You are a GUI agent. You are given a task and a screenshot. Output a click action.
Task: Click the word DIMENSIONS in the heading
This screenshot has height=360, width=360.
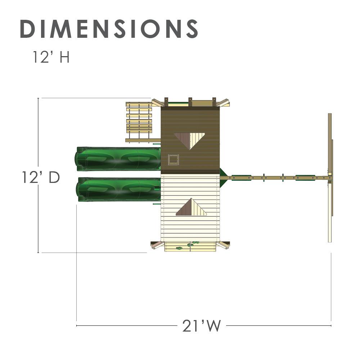tap(109, 29)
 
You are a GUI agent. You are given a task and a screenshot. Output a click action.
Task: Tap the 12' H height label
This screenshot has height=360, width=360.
tap(51, 57)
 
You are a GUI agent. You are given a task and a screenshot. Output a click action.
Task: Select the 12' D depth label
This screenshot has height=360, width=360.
tap(41, 177)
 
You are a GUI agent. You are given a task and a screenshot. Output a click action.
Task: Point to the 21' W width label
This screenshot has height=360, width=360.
tap(201, 325)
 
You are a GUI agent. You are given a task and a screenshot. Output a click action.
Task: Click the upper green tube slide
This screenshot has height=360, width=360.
tap(118, 159)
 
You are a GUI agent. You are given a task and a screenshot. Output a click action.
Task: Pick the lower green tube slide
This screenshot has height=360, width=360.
tap(118, 189)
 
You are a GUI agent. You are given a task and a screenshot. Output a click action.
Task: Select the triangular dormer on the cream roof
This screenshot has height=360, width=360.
tap(191, 207)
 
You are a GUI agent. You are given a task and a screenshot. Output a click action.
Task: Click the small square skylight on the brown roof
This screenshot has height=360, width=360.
tap(173, 159)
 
